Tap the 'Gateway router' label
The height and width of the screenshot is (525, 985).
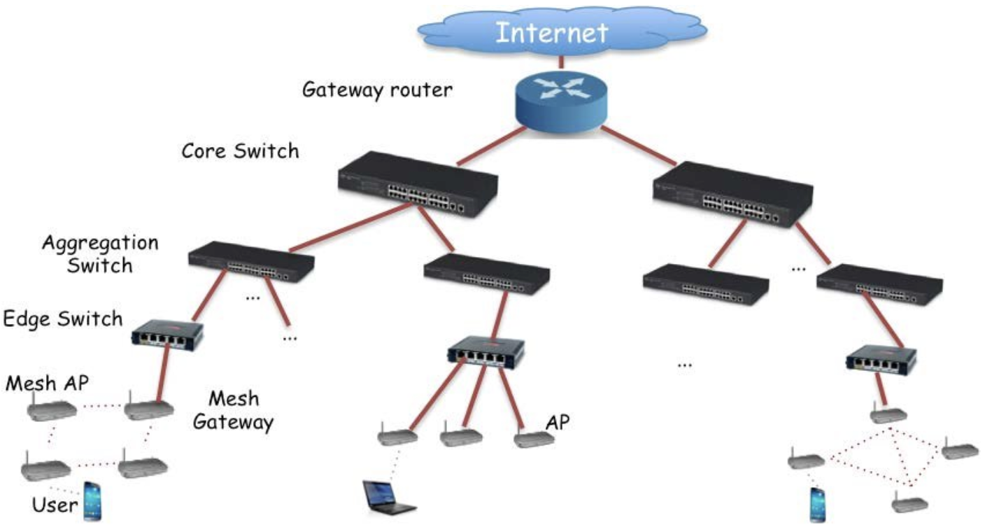(378, 90)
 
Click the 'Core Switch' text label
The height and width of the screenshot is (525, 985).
(240, 150)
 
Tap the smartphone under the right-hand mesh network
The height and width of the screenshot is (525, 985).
(817, 504)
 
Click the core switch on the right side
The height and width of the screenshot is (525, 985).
(731, 195)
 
